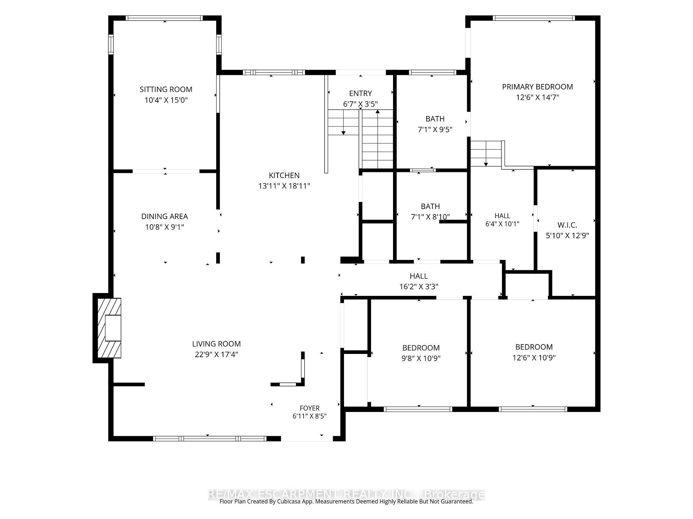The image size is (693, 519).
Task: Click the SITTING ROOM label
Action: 166,89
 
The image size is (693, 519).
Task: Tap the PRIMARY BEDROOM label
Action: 537,87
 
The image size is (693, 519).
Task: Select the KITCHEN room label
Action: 284,176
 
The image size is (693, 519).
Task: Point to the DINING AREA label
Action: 165,216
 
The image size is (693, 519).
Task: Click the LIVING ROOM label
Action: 217,344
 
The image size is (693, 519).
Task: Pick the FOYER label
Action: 310,408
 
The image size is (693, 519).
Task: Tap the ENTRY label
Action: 361,93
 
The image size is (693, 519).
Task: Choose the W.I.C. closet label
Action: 567,225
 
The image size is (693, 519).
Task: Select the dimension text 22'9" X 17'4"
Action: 217,355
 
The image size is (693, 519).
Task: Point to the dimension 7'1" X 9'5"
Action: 435,130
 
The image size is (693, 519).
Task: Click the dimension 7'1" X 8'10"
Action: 430,217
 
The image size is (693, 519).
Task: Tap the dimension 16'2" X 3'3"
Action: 419,287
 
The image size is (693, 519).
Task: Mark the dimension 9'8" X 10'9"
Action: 421,359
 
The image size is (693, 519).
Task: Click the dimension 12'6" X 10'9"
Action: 534,358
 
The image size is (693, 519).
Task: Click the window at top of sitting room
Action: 164,18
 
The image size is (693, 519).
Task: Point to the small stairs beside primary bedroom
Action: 486,154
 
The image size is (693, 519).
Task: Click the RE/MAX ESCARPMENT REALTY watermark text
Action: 346,494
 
